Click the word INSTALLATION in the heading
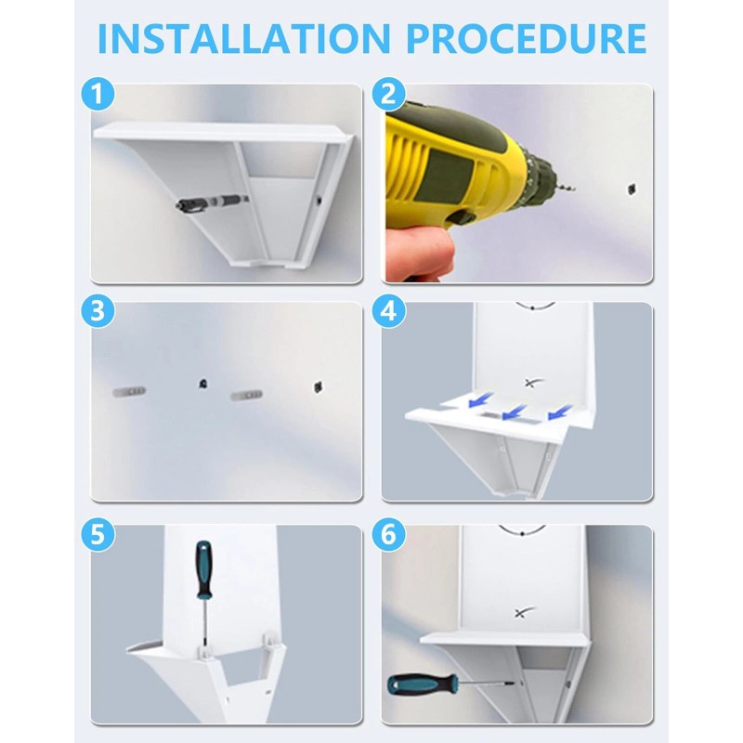[244, 38]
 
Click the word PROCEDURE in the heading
[527, 38]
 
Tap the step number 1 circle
[98, 95]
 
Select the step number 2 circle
[388, 95]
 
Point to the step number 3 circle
[98, 312]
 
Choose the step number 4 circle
[388, 312]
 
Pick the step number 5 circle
[98, 535]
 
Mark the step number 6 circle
[388, 535]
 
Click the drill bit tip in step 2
[575, 189]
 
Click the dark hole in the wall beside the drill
[632, 189]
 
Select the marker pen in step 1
[211, 202]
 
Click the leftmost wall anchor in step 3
[129, 391]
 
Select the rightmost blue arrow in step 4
[560, 411]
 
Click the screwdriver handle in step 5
[203, 568]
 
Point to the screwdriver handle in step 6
[423, 684]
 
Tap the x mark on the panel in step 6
[524, 613]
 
